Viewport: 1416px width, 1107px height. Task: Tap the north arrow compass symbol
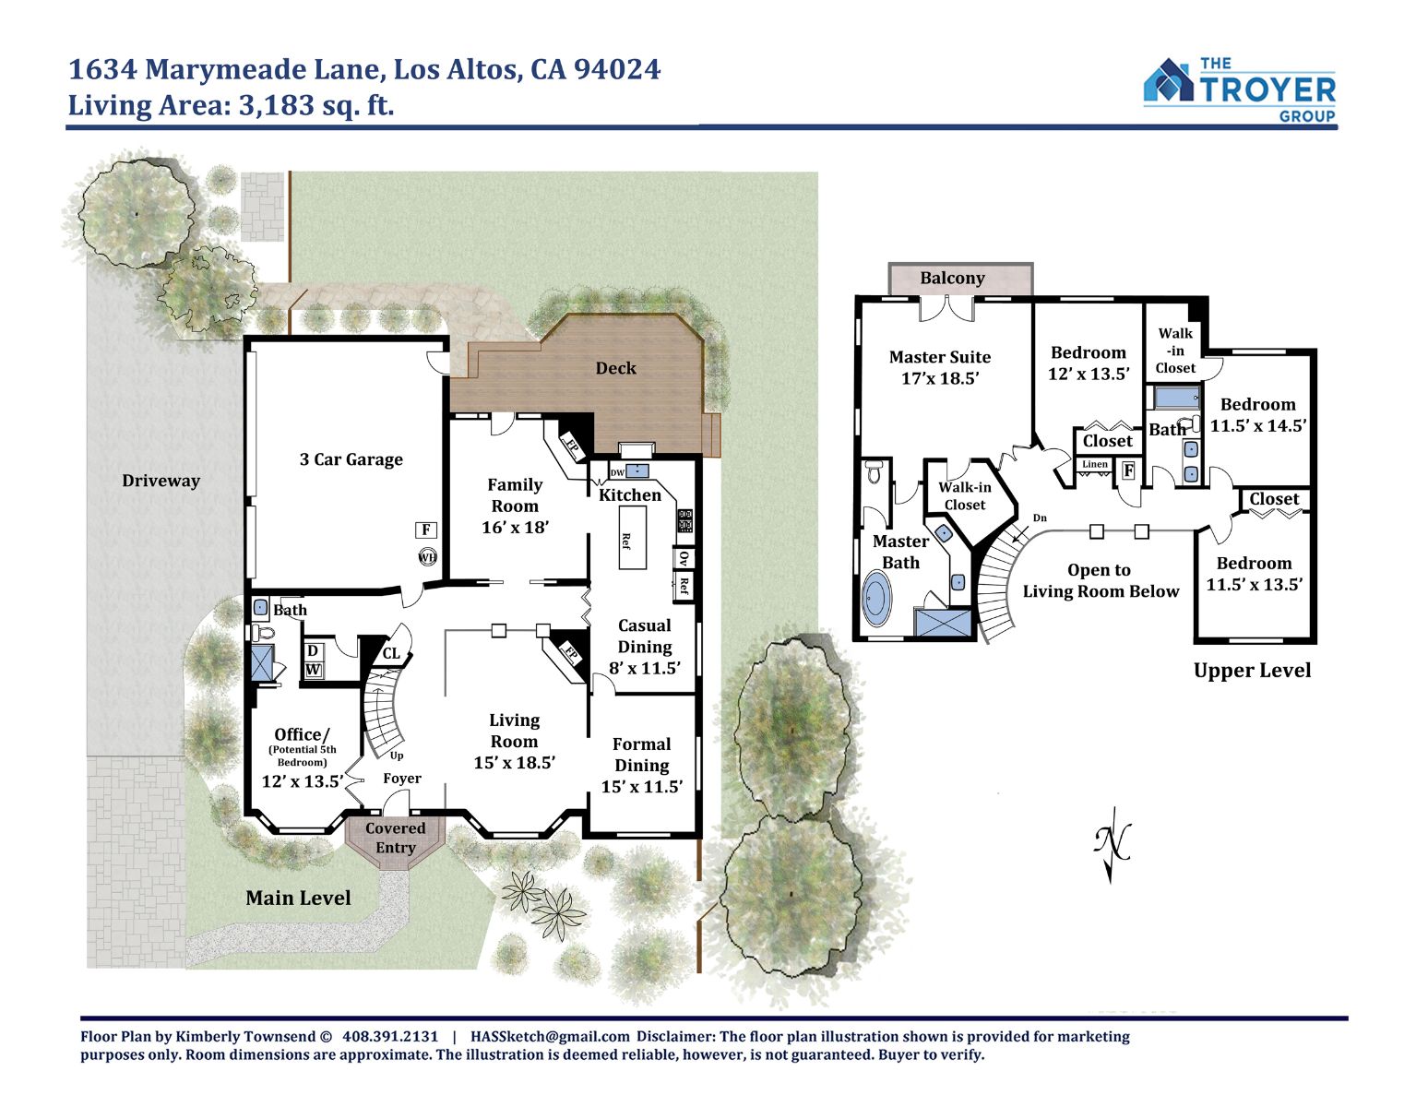pyautogui.click(x=1112, y=844)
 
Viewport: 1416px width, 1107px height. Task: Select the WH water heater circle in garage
pyautogui.click(x=427, y=557)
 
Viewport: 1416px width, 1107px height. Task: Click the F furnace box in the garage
pyautogui.click(x=426, y=530)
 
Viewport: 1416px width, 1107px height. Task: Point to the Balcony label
pyautogui.click(x=952, y=279)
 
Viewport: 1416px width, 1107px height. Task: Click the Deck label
pyautogui.click(x=616, y=368)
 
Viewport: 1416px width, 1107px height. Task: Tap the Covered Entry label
pyautogui.click(x=395, y=838)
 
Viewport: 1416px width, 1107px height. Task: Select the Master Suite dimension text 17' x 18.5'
pyautogui.click(x=940, y=378)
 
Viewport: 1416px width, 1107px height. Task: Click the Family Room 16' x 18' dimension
pyautogui.click(x=515, y=527)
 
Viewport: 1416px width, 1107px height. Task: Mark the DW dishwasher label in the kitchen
pyautogui.click(x=617, y=472)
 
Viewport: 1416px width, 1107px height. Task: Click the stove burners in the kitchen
pyautogui.click(x=685, y=520)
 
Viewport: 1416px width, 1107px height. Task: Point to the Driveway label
pyautogui.click(x=161, y=481)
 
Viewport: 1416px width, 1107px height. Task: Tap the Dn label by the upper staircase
pyautogui.click(x=1040, y=518)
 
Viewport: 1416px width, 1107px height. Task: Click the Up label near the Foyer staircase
pyautogui.click(x=397, y=756)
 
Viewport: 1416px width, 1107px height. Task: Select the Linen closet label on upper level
pyautogui.click(x=1095, y=464)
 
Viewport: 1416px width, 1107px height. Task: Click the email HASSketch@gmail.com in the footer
pyautogui.click(x=550, y=1037)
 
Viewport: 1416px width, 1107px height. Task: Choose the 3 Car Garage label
pyautogui.click(x=351, y=459)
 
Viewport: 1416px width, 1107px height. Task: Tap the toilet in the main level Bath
pyautogui.click(x=263, y=631)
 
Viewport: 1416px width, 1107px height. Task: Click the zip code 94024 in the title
pyautogui.click(x=616, y=70)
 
